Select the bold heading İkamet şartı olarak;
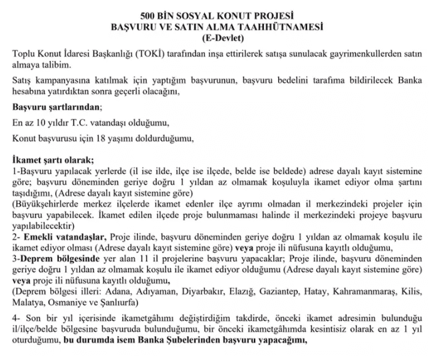click(x=53, y=159)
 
